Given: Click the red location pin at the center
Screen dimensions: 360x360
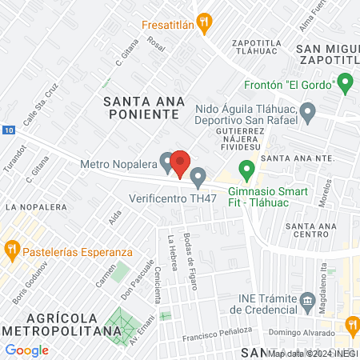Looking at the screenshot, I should (180, 163).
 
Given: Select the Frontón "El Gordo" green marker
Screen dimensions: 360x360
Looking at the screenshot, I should (345, 82).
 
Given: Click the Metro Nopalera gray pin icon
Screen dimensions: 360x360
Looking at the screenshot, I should (167, 162).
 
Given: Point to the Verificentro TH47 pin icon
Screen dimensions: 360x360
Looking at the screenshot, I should (198, 176).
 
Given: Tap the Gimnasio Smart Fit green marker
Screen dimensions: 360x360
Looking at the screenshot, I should (247, 170).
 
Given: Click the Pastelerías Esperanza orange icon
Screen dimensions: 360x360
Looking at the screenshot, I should (11, 250).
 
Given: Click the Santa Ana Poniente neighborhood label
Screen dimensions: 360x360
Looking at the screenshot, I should (144, 107).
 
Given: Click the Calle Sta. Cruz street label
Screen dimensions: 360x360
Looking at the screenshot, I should (41, 106).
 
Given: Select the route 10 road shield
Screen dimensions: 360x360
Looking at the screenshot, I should (7, 130).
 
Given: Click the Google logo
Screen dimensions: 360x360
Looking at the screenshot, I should (26, 350).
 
